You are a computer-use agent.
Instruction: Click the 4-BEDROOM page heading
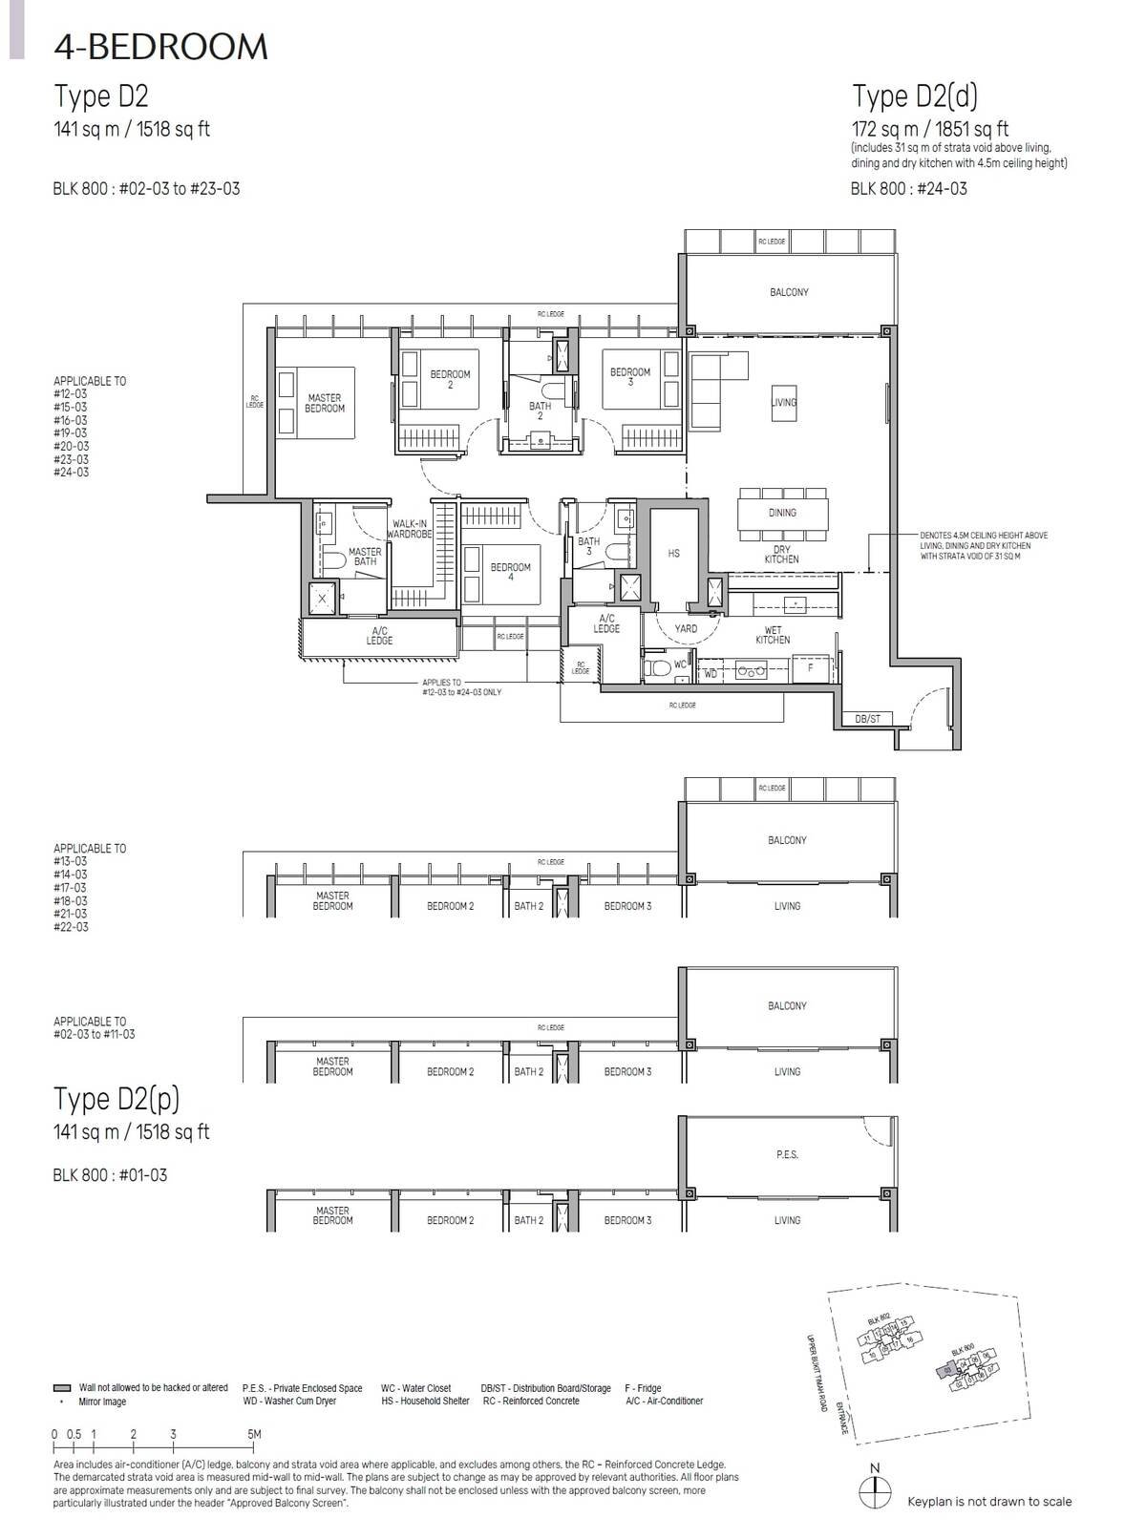coord(160,46)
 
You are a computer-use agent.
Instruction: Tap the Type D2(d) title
coord(914,95)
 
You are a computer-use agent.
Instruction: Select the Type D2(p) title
coord(117,1099)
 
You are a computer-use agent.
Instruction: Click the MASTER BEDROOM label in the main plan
coord(325,403)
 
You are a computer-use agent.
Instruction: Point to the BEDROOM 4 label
coord(510,572)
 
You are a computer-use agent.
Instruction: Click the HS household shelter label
coord(674,554)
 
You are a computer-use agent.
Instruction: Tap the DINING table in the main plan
coord(782,513)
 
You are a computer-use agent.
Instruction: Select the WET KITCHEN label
coord(773,635)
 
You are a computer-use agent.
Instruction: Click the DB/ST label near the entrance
coord(867,719)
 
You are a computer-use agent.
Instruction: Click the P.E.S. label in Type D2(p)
coord(787,1155)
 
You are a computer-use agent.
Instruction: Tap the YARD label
coord(686,629)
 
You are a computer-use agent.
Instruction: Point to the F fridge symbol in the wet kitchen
coord(811,668)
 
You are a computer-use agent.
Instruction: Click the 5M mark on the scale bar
coord(254,1434)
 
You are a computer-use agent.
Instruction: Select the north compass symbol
coord(875,1487)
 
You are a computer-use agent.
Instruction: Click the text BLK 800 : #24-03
coord(908,189)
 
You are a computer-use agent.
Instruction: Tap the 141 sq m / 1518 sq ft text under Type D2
coord(132,130)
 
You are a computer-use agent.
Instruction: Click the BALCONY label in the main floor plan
coord(789,292)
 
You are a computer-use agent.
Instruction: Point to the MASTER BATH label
coord(365,557)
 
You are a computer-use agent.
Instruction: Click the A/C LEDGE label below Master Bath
coord(379,636)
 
